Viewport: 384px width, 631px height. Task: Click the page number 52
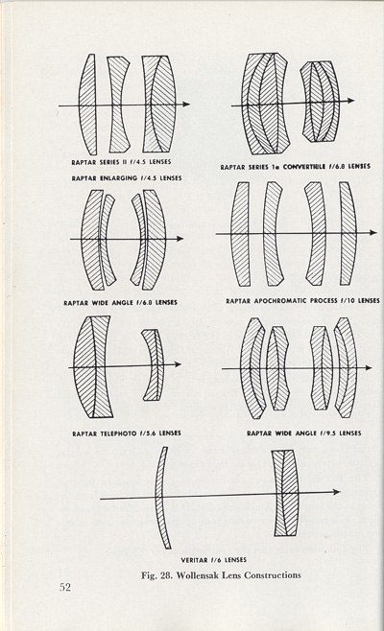coord(65,587)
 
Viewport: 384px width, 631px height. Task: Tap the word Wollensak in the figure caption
coord(196,575)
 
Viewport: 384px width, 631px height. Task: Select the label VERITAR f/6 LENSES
coord(213,560)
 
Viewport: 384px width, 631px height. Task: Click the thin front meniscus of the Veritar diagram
coord(162,498)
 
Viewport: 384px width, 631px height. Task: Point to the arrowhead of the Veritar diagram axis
coord(336,492)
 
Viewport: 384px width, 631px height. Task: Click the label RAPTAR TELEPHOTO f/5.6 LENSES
coord(127,433)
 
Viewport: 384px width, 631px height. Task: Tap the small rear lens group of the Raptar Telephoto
coord(154,364)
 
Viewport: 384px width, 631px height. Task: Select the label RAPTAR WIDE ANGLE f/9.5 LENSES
coord(303,433)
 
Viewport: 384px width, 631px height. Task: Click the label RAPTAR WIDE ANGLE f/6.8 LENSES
coord(120,302)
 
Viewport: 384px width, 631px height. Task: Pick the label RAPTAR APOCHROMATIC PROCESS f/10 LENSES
coord(302,300)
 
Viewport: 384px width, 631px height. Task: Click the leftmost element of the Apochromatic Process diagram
coord(241,234)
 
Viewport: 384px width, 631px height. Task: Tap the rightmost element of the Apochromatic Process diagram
coord(348,234)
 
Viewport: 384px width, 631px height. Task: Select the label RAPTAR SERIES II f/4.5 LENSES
coord(121,162)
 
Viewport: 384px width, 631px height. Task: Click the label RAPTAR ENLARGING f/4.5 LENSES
coord(127,177)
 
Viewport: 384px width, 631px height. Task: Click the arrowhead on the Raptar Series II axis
coord(185,104)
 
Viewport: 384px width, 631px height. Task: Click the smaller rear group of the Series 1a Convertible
coord(320,102)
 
